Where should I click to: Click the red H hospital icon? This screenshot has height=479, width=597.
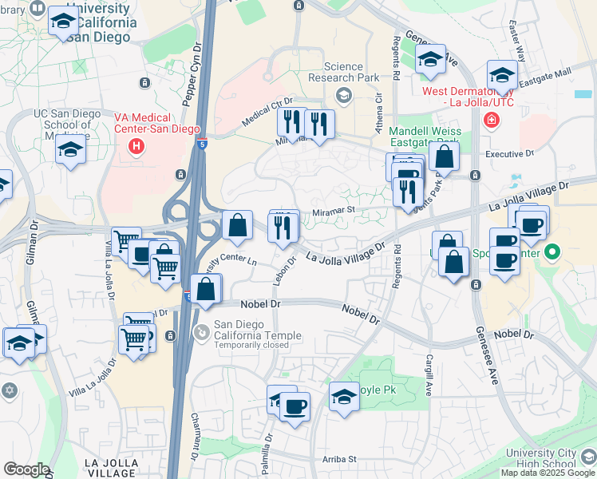point(137,146)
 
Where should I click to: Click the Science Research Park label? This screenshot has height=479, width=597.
point(343,73)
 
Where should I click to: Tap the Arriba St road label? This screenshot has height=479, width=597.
point(339,459)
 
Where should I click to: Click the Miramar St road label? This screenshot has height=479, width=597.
point(333,212)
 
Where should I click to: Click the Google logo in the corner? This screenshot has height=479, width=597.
point(26,469)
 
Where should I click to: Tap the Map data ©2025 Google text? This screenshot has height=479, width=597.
point(548,473)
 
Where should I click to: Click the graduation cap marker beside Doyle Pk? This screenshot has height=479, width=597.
point(344,395)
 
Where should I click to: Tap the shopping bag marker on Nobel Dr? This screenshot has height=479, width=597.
point(206,290)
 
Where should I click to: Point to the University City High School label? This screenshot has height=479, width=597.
point(542,458)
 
